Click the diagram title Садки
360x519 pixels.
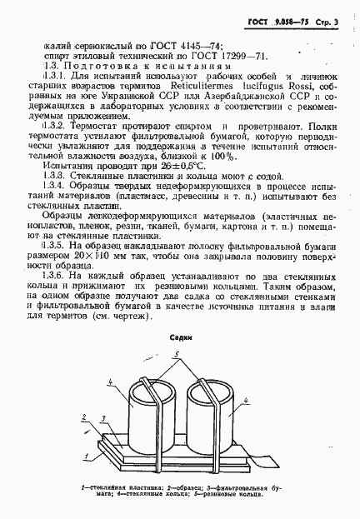pos(181,340)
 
